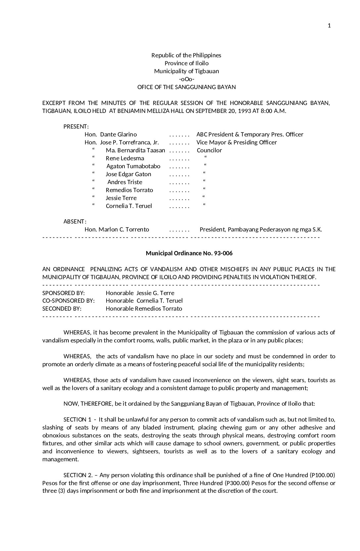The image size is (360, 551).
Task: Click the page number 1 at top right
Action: pyautogui.click(x=329, y=26)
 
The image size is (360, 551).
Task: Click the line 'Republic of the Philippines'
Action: pyautogui.click(x=186, y=55)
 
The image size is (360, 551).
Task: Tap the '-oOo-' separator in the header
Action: pyautogui.click(x=186, y=79)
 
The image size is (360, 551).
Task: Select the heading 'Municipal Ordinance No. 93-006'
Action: pyautogui.click(x=189, y=253)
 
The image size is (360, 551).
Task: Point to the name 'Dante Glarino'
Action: pyautogui.click(x=118, y=134)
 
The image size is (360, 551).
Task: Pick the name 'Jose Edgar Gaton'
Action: pyautogui.click(x=128, y=174)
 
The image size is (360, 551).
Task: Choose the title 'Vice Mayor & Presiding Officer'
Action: pyautogui.click(x=237, y=142)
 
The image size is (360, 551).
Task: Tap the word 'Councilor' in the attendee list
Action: pyautogui.click(x=209, y=150)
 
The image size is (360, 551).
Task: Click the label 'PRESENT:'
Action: pyautogui.click(x=76, y=126)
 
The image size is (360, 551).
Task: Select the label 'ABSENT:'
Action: pyautogui.click(x=75, y=222)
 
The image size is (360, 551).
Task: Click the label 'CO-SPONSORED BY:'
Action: pyautogui.click(x=68, y=301)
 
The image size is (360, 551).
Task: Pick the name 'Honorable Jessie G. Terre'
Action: pyautogui.click(x=140, y=293)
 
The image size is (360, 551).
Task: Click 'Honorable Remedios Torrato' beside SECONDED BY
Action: pyautogui.click(x=144, y=309)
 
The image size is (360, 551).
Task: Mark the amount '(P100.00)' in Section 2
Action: pyautogui.click(x=323, y=475)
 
